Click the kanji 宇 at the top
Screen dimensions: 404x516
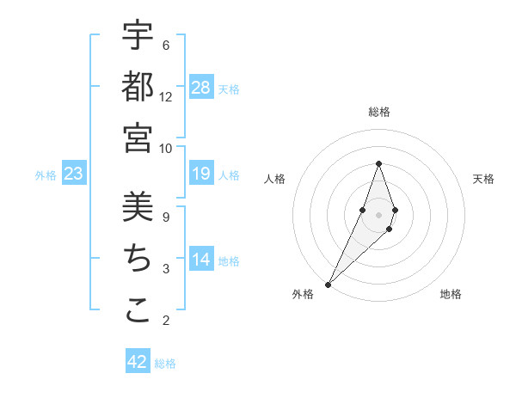click(138, 35)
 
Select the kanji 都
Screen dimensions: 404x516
click(138, 86)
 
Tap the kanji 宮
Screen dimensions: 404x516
click(138, 138)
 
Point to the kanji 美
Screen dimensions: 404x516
click(138, 207)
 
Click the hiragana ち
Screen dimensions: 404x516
click(138, 259)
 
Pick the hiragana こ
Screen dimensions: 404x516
click(138, 310)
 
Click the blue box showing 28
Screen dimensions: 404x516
click(201, 87)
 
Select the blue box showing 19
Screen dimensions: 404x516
click(201, 174)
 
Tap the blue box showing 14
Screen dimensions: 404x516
click(201, 260)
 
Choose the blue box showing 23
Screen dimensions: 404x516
click(74, 174)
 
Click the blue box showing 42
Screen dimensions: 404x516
click(138, 362)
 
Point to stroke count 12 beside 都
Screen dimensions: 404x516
click(166, 97)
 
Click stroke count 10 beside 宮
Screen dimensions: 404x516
click(166, 148)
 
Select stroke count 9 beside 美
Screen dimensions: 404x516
click(166, 217)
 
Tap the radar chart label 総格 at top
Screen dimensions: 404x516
click(378, 113)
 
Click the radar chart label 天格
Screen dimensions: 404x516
click(483, 179)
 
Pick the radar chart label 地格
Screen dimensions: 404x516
click(451, 294)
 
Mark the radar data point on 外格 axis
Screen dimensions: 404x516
click(328, 284)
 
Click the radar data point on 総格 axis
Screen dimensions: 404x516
click(378, 163)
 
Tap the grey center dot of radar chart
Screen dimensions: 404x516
click(378, 214)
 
